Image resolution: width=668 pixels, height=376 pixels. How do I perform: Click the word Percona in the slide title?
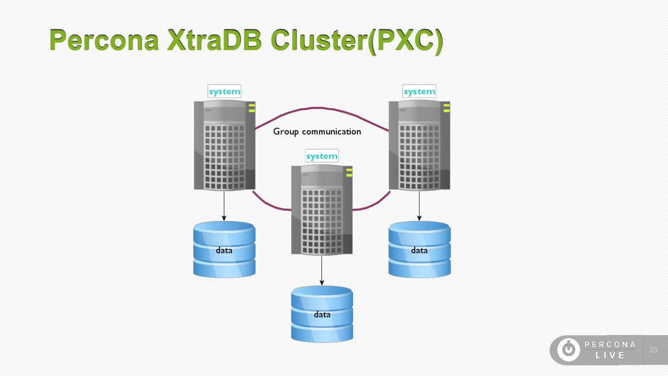click(105, 40)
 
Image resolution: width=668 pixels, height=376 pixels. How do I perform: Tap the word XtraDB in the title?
click(214, 40)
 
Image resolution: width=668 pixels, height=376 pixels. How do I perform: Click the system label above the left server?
click(225, 91)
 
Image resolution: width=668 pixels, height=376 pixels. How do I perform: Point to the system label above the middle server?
click(322, 156)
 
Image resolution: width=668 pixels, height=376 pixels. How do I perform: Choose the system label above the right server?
click(419, 91)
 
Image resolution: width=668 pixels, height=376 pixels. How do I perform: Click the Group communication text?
click(317, 131)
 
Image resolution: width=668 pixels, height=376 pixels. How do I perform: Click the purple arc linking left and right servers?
click(322, 109)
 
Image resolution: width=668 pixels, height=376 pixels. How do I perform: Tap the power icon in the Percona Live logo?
click(568, 350)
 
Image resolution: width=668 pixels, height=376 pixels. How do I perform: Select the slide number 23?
click(654, 350)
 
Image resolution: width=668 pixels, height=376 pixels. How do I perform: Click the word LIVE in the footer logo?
click(610, 356)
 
